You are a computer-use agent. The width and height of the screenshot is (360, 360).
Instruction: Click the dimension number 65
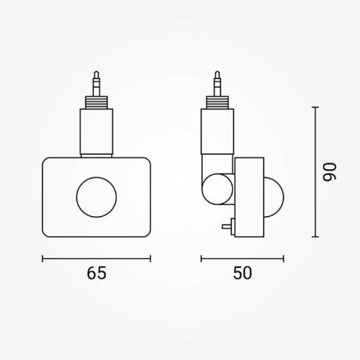coord(96,273)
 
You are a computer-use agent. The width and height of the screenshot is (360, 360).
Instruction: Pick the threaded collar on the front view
coord(96,99)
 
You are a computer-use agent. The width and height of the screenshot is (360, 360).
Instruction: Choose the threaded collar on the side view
coord(217,99)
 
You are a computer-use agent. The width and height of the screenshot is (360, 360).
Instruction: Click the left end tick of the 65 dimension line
coord(42,258)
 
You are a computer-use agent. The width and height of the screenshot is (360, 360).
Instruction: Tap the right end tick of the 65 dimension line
coord(150,258)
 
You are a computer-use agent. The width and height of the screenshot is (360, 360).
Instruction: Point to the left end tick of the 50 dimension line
coord(201,258)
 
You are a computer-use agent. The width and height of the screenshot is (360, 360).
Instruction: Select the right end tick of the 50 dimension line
coord(284,258)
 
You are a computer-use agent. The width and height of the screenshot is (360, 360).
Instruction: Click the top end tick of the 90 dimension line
coord(315,107)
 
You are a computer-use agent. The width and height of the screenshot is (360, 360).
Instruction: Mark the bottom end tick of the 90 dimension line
coord(315,237)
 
